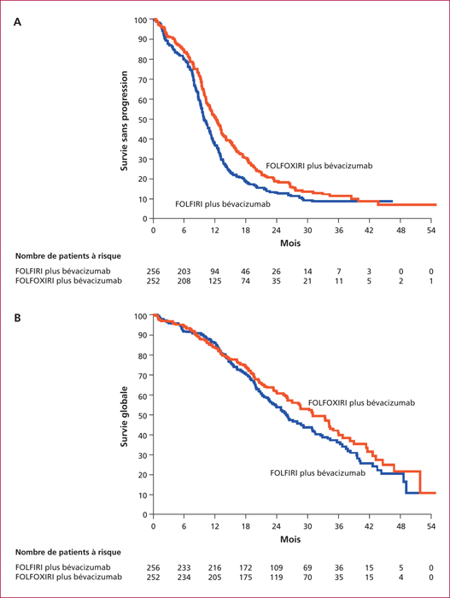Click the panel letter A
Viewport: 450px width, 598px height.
pos(17,22)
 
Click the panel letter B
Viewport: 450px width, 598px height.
pos(17,318)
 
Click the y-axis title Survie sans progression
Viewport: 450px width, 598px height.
pos(124,121)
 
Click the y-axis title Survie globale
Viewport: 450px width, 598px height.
pos(124,416)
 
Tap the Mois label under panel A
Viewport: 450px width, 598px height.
pos(290,243)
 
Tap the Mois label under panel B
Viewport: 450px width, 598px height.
pos(290,539)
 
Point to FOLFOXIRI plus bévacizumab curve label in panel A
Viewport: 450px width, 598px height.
pos(319,166)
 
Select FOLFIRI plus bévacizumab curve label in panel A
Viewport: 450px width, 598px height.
pos(223,204)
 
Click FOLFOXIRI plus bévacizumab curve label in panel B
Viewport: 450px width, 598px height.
pos(361,402)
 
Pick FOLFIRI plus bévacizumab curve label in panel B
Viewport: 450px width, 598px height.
pos(318,473)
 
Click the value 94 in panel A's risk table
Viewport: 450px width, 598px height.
pos(214,272)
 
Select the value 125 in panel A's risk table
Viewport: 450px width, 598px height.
pos(214,281)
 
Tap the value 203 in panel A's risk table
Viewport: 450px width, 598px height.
pos(184,272)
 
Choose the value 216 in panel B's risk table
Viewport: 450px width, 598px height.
pos(214,567)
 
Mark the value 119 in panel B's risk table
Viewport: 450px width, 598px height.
pos(276,577)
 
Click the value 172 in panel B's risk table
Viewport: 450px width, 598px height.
pos(246,567)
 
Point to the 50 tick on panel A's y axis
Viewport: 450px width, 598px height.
pos(143,120)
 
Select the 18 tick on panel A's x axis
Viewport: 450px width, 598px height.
pos(246,231)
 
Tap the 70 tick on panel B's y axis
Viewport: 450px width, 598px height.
pos(143,375)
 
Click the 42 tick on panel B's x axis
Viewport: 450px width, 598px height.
pos(369,526)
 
